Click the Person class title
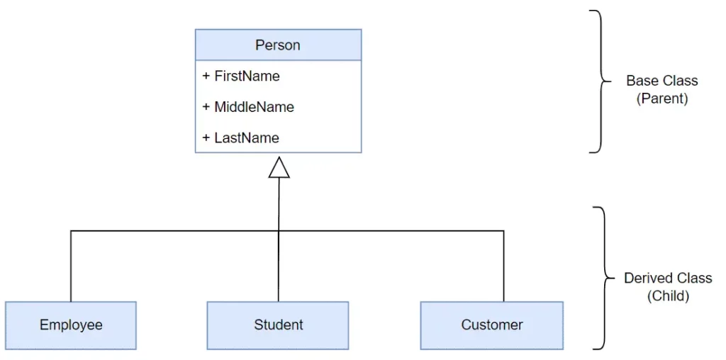click(278, 45)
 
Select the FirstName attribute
click(241, 76)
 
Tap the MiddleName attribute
click(248, 107)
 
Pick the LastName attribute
click(241, 138)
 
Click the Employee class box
click(71, 325)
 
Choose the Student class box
click(278, 325)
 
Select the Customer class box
click(492, 325)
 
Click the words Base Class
click(661, 81)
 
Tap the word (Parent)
click(661, 99)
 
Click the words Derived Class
click(668, 278)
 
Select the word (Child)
click(668, 296)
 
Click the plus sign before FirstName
click(206, 76)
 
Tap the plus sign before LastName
click(206, 138)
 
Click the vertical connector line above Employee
click(71, 266)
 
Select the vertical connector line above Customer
click(504, 266)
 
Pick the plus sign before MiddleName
click(206, 107)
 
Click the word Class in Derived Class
click(693, 278)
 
